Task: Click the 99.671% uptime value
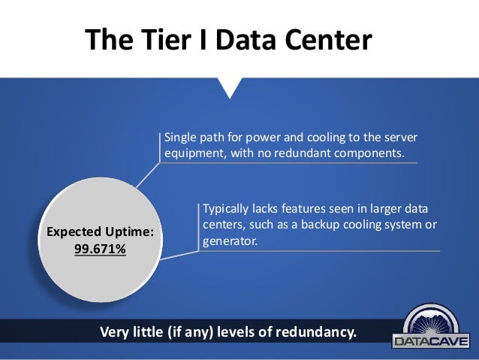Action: click(100, 248)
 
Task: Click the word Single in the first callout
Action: click(180, 138)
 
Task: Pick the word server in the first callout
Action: click(396, 138)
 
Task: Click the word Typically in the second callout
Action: click(227, 208)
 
